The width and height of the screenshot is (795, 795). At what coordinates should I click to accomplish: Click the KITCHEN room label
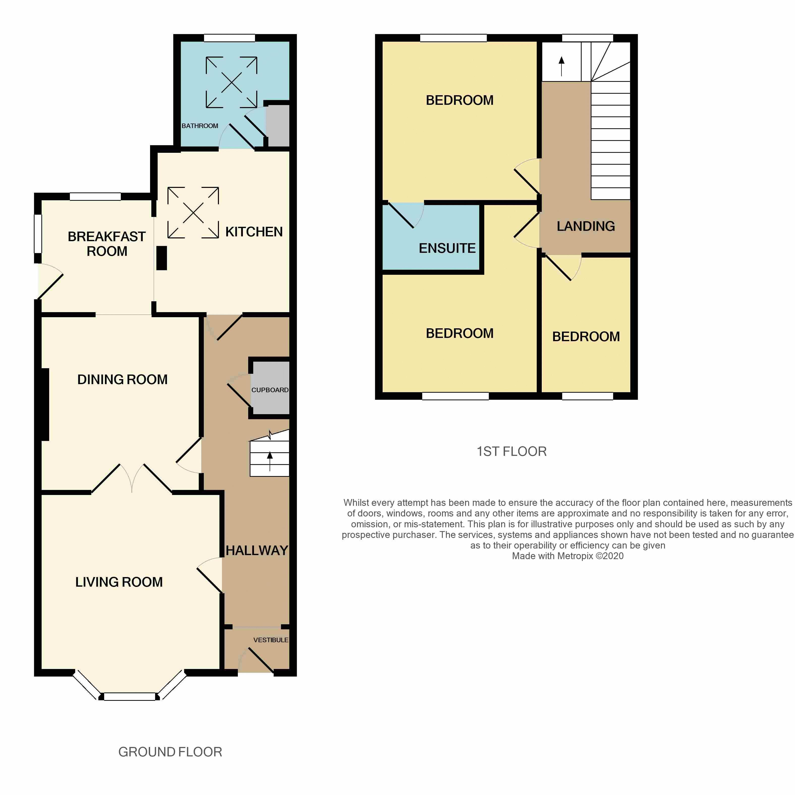coord(254,232)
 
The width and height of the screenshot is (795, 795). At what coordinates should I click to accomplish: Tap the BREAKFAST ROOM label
coord(107,244)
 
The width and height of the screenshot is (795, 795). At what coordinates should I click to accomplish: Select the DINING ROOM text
coord(122,379)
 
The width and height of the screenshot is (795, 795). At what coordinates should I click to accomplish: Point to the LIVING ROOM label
coord(119,582)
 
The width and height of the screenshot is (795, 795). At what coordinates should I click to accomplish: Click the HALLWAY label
coord(257,550)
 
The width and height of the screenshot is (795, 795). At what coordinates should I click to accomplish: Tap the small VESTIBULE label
coord(271,640)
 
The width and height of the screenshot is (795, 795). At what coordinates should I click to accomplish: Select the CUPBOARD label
coord(270,390)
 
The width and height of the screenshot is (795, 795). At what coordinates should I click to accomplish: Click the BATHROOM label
coord(200,126)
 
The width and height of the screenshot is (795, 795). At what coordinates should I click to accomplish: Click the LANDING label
coord(586,226)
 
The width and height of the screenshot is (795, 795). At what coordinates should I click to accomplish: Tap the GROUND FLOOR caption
coord(170,752)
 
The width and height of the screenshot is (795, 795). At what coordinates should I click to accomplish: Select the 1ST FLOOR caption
coord(512,452)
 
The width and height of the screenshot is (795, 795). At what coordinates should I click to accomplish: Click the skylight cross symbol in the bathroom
coord(232,82)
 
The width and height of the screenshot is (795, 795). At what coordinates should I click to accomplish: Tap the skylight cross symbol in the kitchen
coord(193,213)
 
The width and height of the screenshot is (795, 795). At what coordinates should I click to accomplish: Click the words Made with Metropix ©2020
coord(567,556)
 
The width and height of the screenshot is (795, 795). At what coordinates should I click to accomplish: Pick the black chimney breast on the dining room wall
coord(45,405)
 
